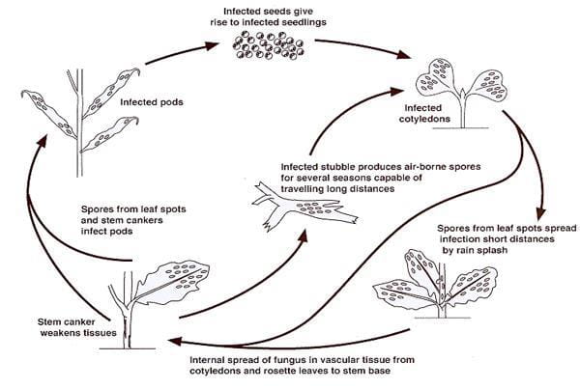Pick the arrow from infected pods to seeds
[x=178, y=54]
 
